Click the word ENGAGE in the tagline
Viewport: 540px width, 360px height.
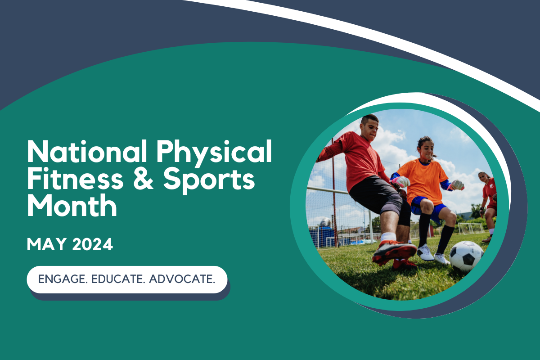pos(63,279)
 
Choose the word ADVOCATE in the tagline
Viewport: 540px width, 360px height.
pos(182,279)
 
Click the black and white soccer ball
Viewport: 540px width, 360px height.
pos(466,255)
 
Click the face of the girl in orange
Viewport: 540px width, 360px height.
pos(427,148)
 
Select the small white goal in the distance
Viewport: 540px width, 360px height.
pos(470,228)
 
